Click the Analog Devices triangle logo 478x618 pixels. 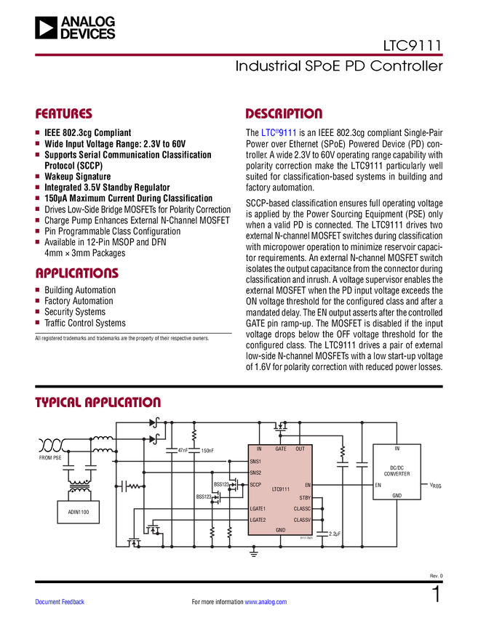(46, 28)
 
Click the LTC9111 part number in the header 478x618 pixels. (412, 46)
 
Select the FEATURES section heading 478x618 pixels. (63, 113)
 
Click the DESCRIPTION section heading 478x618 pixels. (284, 113)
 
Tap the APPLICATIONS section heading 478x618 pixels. (77, 273)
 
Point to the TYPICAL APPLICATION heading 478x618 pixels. (97, 402)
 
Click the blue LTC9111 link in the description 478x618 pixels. (279, 133)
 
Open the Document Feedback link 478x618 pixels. (60, 602)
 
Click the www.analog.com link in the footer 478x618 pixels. (266, 602)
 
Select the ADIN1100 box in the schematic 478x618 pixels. (78, 512)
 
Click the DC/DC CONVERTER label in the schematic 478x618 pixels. (397, 470)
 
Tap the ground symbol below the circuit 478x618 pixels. (254, 553)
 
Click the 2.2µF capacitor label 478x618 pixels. (335, 534)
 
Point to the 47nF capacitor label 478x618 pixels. (182, 450)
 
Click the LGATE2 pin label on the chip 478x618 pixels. (258, 520)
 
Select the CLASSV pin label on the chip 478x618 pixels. (302, 520)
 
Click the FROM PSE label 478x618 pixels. (50, 457)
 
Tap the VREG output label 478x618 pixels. (435, 485)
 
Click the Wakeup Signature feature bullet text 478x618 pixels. (77, 177)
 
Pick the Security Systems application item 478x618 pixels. (75, 312)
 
